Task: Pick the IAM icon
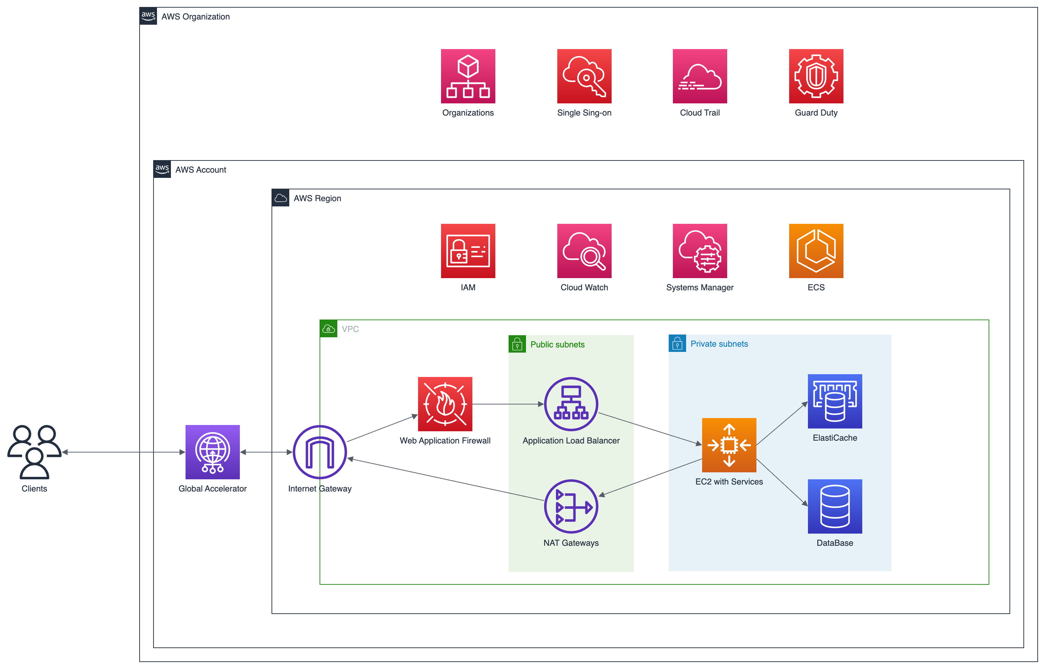pyautogui.click(x=468, y=251)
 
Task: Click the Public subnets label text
pyautogui.click(x=557, y=345)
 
